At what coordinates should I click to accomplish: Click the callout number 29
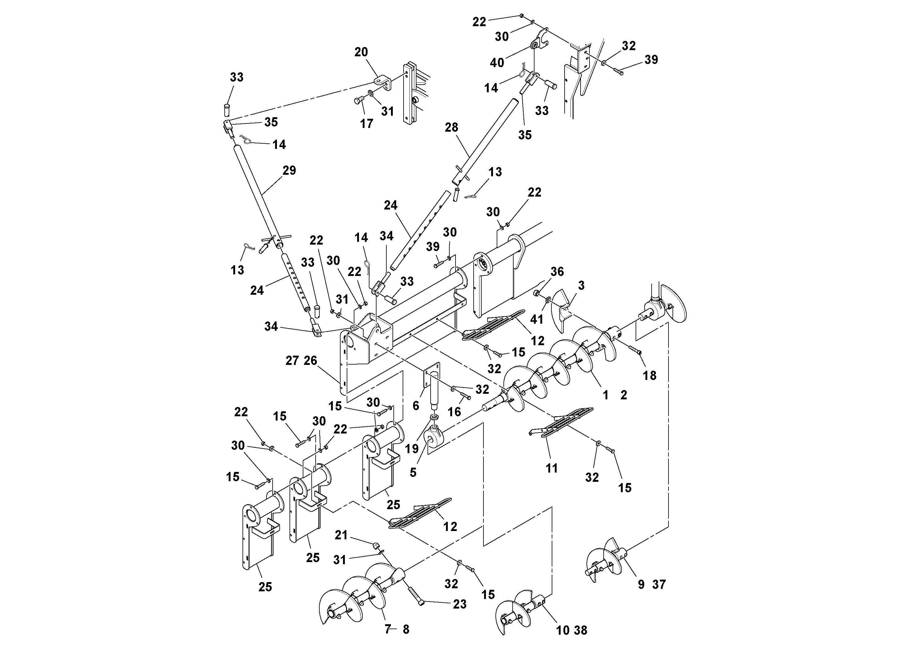289,170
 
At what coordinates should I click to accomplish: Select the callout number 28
452,128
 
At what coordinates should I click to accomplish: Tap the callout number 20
361,52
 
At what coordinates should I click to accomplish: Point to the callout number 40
497,63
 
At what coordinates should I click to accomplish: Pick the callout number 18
649,375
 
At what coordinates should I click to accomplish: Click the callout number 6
416,406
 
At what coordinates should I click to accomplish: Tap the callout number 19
412,449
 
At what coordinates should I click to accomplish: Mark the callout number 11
551,468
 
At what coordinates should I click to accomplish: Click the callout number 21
341,535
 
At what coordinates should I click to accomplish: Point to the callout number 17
366,124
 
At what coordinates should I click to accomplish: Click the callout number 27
292,361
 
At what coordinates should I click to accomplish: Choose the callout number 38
580,630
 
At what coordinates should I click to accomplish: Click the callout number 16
454,412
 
